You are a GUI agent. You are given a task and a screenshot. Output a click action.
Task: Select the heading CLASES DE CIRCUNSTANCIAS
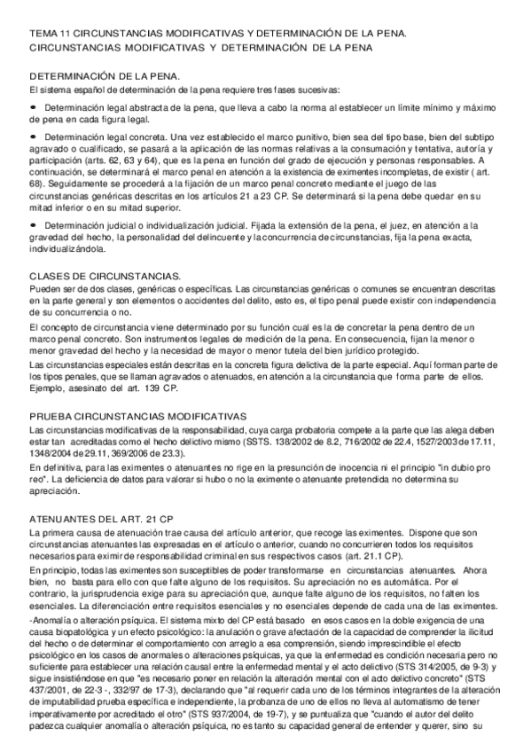coord(105,276)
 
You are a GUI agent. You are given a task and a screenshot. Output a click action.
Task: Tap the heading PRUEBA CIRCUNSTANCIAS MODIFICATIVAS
coord(138,416)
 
